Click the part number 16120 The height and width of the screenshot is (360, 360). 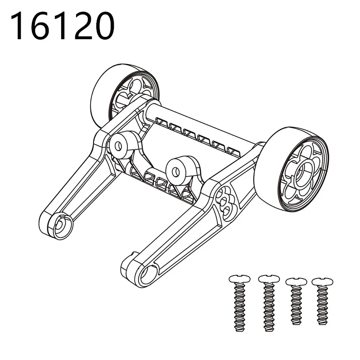click(62, 26)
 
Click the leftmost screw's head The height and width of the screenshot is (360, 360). click(239, 279)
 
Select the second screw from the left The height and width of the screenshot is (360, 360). click(269, 303)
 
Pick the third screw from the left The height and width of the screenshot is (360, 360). click(296, 301)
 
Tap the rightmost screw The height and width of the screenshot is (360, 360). click(322, 301)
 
